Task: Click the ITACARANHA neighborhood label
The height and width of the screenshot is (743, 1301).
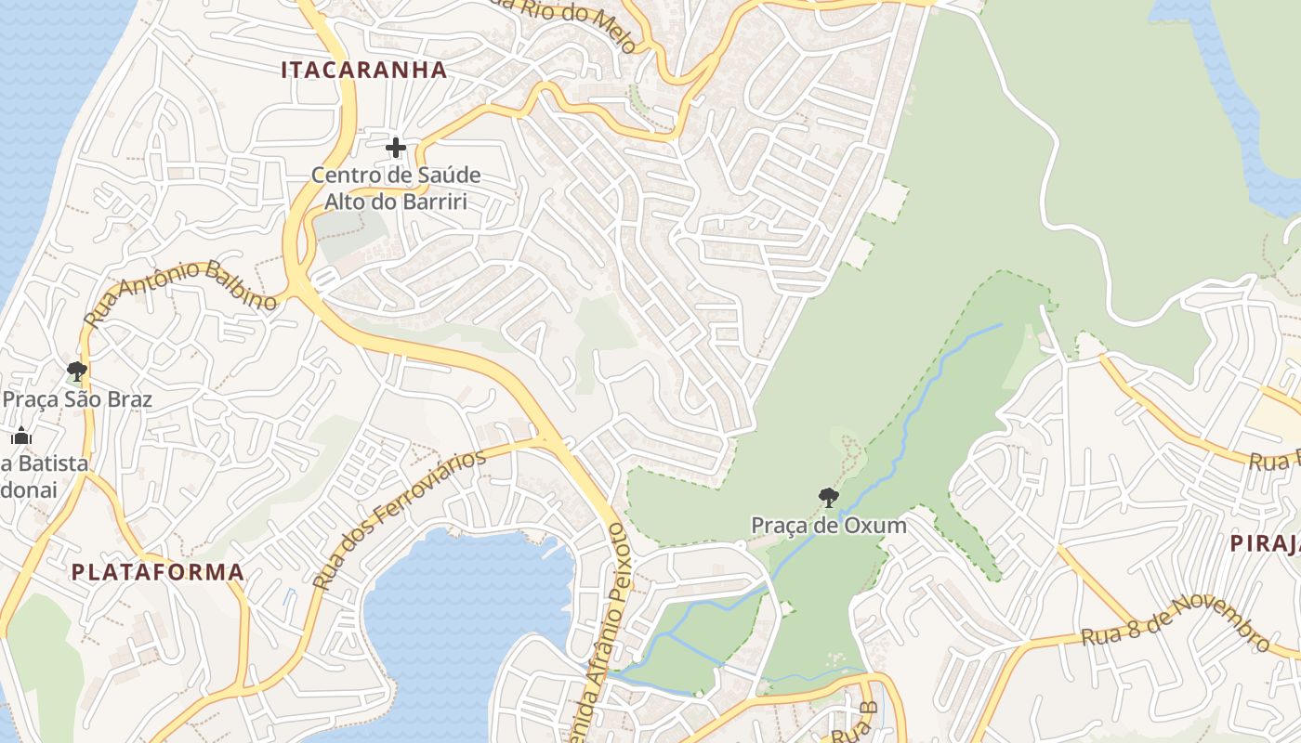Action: pos(363,70)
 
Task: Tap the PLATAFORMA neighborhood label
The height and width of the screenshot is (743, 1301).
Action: pos(158,572)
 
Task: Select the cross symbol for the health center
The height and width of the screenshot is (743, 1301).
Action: pos(396,147)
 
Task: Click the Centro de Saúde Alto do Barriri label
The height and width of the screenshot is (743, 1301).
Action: pos(396,188)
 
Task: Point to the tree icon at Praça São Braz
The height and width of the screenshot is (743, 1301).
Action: pos(77,371)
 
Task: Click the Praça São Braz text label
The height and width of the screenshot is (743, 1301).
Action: pos(77,400)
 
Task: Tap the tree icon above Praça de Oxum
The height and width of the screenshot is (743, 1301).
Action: pos(829,498)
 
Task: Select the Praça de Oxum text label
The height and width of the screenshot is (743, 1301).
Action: pos(829,526)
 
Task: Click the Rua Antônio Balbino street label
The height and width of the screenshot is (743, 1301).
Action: pos(181,293)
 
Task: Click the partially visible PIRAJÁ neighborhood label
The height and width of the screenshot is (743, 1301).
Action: pos(1265,544)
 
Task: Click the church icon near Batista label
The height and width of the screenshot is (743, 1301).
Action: pos(20,436)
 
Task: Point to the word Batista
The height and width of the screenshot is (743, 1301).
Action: pos(51,463)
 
